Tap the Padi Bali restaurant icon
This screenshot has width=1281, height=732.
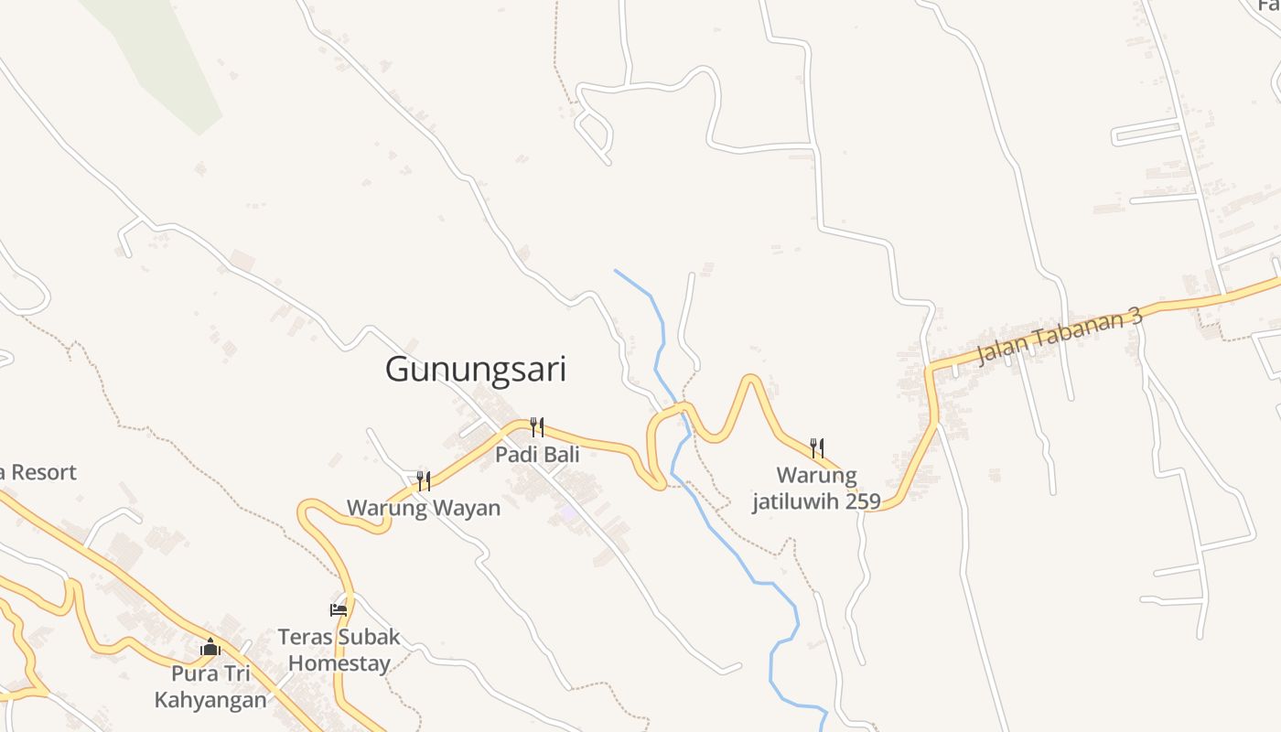click(537, 426)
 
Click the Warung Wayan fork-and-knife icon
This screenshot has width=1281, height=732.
click(424, 480)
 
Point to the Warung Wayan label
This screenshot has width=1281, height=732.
click(424, 508)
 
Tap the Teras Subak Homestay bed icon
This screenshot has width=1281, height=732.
click(339, 609)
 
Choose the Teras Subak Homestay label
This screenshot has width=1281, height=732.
click(339, 650)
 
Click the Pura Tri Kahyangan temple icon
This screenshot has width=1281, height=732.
click(210, 648)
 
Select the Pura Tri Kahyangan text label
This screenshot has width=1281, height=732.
click(210, 687)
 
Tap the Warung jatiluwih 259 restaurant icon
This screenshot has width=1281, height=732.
click(816, 447)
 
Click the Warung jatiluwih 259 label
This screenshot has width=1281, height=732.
click(816, 489)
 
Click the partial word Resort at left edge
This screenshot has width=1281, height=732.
click(41, 473)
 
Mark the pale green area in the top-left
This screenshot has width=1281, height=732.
click(165, 55)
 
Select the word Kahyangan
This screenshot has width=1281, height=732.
click(210, 701)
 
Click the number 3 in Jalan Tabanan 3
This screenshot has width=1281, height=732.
click(1136, 317)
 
